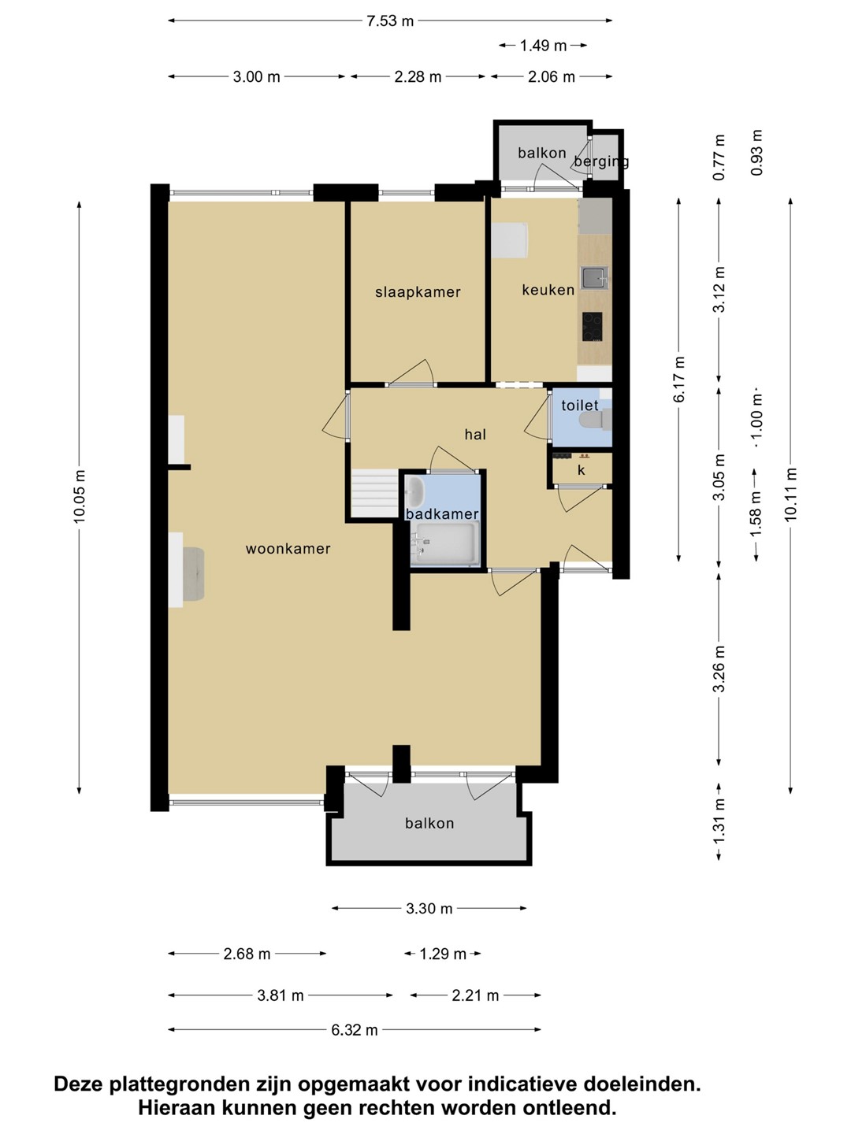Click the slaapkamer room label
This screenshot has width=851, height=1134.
418,292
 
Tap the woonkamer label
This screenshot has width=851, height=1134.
288,549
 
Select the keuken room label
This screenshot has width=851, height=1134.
548,290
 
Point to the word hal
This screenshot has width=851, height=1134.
475,435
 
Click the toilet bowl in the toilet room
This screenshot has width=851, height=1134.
595,418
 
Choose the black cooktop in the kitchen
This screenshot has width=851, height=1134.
592,327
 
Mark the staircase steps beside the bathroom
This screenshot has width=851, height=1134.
374,493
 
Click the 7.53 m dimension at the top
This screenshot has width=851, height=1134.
390,21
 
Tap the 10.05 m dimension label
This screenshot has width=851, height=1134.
80,496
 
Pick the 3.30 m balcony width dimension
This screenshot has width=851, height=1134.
429,909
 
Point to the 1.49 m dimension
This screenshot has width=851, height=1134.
543,46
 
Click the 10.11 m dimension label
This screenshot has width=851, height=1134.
791,495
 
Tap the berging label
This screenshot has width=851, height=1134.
601,161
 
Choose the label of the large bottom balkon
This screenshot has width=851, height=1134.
429,823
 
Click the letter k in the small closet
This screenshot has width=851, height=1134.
582,470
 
